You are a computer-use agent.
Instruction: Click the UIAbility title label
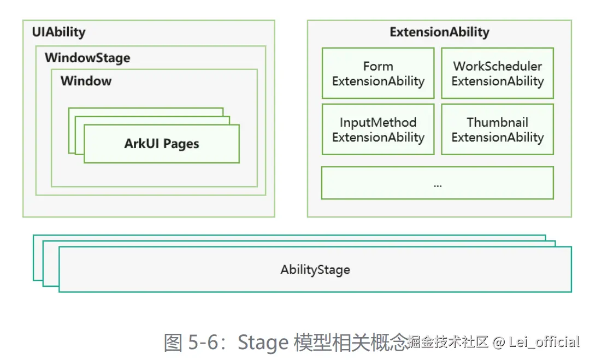[x=58, y=32]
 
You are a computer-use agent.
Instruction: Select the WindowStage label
[x=87, y=57]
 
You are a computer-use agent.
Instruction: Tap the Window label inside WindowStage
[x=86, y=81]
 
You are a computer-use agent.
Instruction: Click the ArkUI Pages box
[x=162, y=144]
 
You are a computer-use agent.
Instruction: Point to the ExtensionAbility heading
[x=439, y=32]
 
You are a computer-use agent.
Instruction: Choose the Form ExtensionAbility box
[x=378, y=73]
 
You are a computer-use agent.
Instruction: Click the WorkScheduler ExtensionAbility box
[x=498, y=73]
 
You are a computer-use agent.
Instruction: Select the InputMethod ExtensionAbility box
[x=378, y=129]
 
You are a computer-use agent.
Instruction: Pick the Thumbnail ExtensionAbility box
[x=498, y=129]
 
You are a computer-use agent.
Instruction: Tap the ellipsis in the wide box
[x=438, y=185]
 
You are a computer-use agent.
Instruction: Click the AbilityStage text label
[x=315, y=270]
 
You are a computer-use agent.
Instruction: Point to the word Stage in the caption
[x=263, y=343]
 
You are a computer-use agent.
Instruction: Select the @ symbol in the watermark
[x=499, y=342]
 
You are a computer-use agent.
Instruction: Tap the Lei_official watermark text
[x=544, y=342]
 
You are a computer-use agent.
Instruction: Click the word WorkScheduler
[x=498, y=66]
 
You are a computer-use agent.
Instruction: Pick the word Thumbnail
[x=498, y=122]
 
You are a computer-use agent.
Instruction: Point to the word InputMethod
[x=378, y=122]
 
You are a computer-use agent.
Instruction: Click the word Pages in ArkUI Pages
[x=181, y=144]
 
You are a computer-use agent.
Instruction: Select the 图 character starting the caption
[x=173, y=343]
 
